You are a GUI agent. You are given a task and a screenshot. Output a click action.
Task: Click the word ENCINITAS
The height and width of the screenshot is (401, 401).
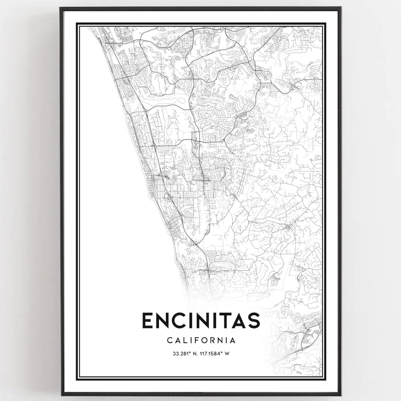pyautogui.click(x=200, y=320)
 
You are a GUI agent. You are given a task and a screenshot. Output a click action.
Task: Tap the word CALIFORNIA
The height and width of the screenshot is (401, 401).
pyautogui.click(x=200, y=340)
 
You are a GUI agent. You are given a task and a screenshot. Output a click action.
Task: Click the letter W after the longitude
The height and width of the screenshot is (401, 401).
pyautogui.click(x=227, y=354)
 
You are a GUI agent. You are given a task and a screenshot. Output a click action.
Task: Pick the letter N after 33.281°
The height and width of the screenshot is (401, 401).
pyautogui.click(x=194, y=354)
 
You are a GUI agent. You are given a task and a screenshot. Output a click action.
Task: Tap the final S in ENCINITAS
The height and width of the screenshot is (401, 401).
pyautogui.click(x=254, y=320)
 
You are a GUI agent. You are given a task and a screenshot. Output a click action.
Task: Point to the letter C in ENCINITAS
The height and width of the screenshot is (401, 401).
pyautogui.click(x=178, y=320)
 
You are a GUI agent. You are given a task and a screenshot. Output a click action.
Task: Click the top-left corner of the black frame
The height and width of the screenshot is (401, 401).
pyautogui.click(x=61, y=8)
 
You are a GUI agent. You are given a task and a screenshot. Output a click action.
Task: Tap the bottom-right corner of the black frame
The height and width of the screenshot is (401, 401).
pyautogui.click(x=341, y=394)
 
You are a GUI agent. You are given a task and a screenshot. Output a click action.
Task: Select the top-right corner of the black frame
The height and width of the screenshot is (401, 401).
pyautogui.click(x=341, y=8)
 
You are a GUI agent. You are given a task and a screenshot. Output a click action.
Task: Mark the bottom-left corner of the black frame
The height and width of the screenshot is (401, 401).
pyautogui.click(x=61, y=394)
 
